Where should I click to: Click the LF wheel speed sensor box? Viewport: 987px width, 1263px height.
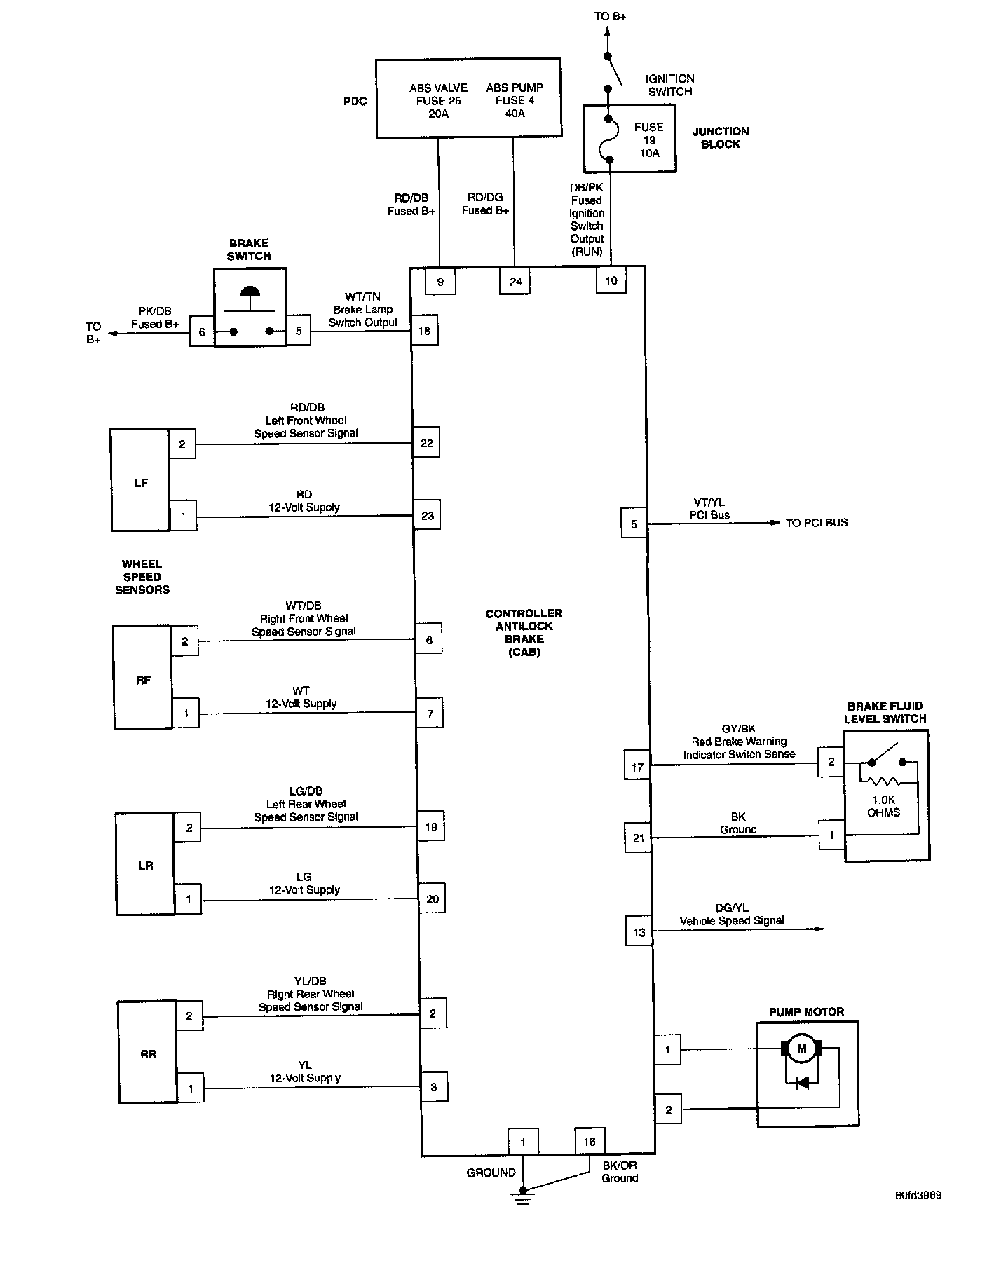click(140, 480)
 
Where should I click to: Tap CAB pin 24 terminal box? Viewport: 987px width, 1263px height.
click(516, 281)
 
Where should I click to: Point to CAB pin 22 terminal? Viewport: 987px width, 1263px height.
click(426, 442)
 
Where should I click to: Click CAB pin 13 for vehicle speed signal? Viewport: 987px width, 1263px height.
click(639, 931)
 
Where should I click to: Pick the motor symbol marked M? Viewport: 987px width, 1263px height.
click(802, 1049)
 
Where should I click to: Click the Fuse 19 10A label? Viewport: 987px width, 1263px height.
click(649, 139)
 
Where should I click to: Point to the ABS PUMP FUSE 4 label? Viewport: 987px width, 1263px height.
click(515, 100)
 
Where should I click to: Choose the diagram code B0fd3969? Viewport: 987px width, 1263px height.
click(918, 1195)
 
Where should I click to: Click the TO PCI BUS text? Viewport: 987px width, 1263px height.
click(817, 522)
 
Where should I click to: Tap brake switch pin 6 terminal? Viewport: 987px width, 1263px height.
click(202, 332)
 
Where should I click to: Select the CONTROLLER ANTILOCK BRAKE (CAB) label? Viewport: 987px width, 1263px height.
click(524, 632)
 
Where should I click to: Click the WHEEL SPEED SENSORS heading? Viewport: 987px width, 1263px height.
click(142, 577)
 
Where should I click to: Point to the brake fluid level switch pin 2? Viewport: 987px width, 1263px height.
click(831, 761)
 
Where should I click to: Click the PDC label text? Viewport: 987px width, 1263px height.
click(355, 101)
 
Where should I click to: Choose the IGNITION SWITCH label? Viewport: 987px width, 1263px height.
click(669, 85)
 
